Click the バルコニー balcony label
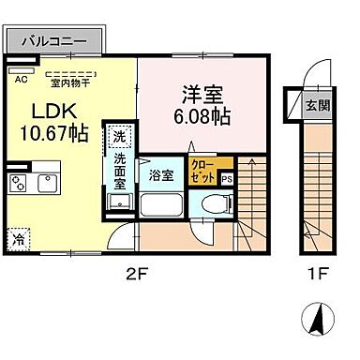(x=53, y=41)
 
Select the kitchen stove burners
(x=18, y=180)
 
